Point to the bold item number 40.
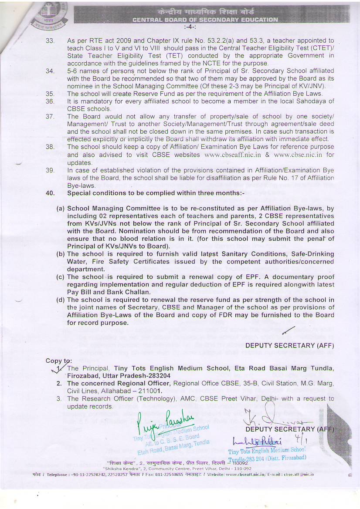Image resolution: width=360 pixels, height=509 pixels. click(x=51, y=193)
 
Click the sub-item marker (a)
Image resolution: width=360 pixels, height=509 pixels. click(x=61, y=209)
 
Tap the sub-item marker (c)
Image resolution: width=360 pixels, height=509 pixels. click(x=61, y=277)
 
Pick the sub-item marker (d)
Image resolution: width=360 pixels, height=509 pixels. click(x=61, y=300)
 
